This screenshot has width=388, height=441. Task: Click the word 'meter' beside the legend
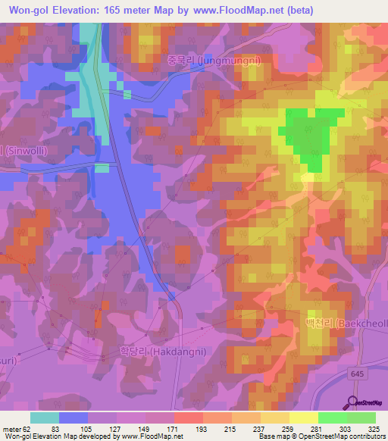(11, 429)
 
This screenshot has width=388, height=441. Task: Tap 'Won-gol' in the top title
(28, 10)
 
